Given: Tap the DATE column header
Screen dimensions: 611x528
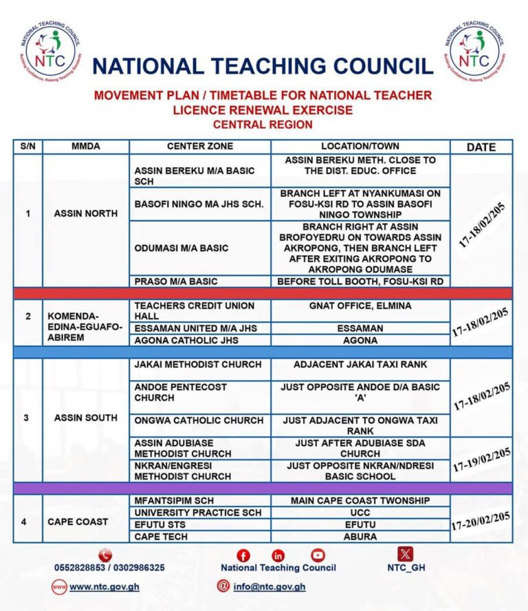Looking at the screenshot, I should [481, 147].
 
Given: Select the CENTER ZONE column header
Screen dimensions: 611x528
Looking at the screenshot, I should [200, 146].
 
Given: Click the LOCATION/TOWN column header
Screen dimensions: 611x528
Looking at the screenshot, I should [360, 146].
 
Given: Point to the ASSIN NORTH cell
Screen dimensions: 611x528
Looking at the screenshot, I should [86, 213].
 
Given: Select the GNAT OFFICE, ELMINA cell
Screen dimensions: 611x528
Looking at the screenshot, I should [360, 305].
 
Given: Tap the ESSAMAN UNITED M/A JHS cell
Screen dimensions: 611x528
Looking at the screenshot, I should [195, 328].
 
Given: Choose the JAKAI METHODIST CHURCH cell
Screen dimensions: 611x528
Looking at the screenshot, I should [198, 364].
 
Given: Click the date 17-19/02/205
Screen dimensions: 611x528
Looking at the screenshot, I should [481, 460].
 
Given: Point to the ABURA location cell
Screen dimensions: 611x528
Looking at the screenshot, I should [360, 537].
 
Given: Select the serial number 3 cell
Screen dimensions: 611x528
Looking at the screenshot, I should [27, 418].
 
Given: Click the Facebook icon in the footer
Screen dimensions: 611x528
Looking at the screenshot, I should [243, 555].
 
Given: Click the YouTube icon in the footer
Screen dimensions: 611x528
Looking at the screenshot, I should [318, 555].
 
